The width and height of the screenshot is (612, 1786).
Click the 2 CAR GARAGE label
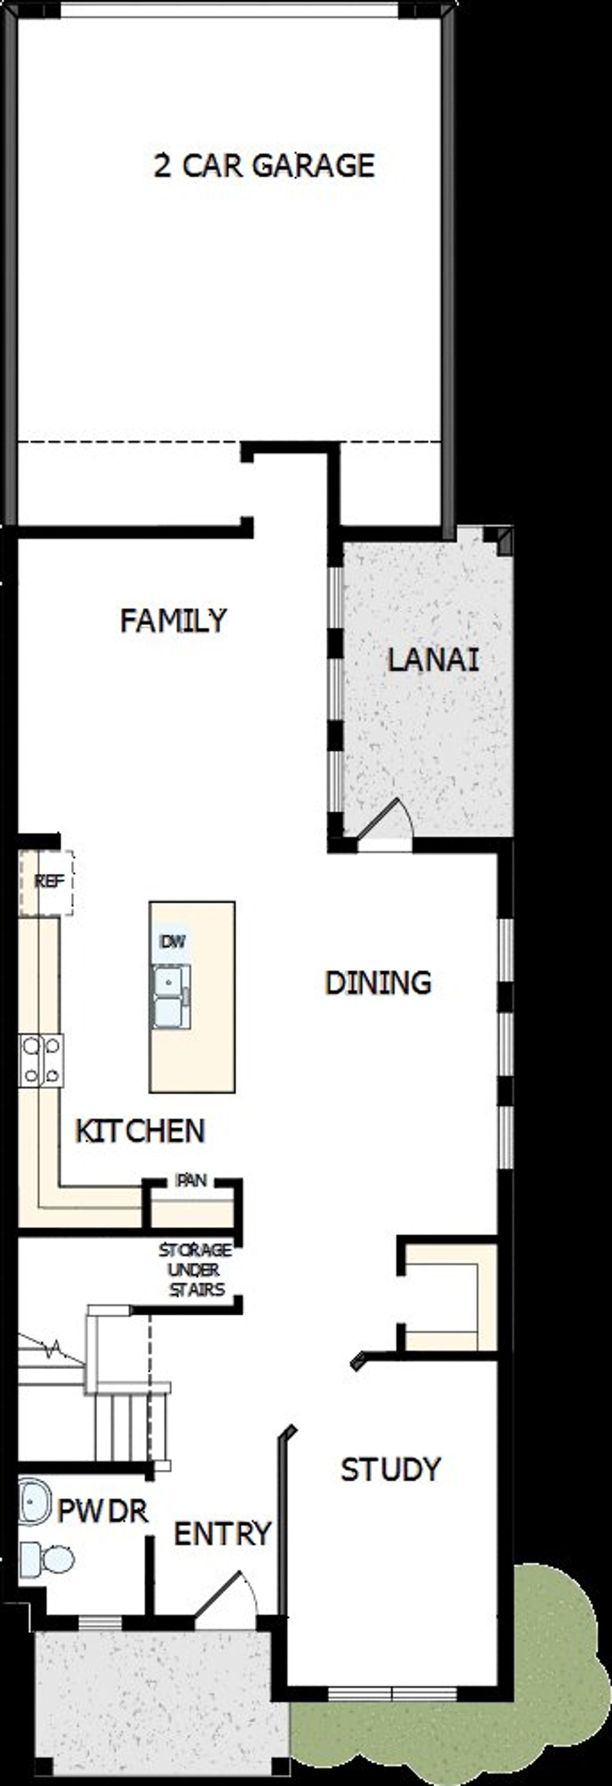coord(264,166)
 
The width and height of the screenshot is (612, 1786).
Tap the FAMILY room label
coord(173,620)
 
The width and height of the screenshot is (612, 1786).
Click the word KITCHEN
coord(140,1131)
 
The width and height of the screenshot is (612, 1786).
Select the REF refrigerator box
coord(47,882)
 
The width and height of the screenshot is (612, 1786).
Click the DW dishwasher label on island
coord(173,942)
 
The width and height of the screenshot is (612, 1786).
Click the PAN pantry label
coord(191,1180)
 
